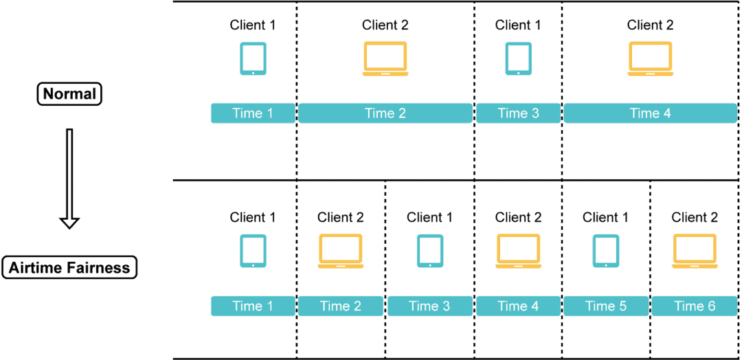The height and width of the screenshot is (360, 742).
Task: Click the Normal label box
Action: coord(69,94)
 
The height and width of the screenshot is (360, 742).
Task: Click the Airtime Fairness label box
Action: coord(69,267)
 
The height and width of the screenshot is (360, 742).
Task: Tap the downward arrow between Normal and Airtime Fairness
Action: coord(69,178)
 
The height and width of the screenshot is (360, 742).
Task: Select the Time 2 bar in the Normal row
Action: coord(385,113)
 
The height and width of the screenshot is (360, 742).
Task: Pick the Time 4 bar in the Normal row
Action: coord(650,113)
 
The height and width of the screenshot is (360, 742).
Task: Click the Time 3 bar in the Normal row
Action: coord(518,113)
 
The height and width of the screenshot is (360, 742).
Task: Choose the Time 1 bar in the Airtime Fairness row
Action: coord(252,306)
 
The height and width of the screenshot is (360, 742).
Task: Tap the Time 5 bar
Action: coord(605,306)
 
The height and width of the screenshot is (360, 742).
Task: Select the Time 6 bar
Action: coord(695,306)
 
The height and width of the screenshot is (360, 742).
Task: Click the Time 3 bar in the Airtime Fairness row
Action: coord(429,306)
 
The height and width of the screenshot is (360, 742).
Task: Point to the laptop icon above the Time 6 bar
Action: coord(695,251)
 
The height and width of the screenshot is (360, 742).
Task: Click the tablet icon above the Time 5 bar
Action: coord(605,251)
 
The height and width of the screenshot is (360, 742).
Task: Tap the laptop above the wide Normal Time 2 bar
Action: coord(385,58)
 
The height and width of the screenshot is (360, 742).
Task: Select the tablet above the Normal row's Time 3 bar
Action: coord(518,58)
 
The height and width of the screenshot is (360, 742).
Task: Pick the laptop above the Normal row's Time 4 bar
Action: coord(650,58)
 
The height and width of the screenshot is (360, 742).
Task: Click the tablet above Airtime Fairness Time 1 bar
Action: coord(253,251)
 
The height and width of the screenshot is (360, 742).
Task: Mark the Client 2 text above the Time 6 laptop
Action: coord(695,218)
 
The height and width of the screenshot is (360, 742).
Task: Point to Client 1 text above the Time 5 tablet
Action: coord(605,218)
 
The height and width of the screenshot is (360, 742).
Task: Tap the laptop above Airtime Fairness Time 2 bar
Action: coord(340,251)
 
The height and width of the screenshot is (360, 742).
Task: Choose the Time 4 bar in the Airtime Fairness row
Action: coord(518,306)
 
